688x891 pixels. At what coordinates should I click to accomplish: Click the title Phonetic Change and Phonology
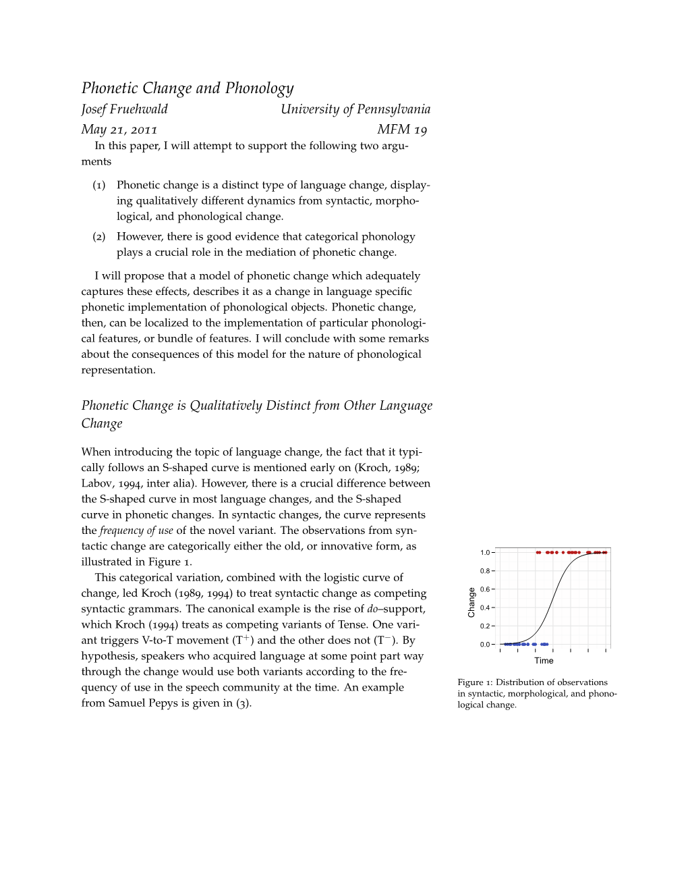(x=188, y=88)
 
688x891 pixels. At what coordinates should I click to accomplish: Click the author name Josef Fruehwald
(x=124, y=109)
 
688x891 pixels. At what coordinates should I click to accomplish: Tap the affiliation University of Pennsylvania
(x=355, y=109)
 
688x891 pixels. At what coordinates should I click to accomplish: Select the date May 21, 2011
(x=119, y=130)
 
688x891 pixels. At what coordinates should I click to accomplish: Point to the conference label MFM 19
(x=402, y=130)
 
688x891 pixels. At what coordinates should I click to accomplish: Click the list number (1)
(x=99, y=185)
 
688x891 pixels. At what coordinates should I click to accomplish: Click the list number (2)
(x=99, y=237)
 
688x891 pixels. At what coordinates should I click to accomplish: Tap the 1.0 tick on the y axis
(x=485, y=553)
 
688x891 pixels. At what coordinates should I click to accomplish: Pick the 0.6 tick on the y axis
(x=485, y=589)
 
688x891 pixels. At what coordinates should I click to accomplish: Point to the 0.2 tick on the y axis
(x=485, y=626)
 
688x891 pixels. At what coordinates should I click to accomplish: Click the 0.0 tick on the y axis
(x=485, y=645)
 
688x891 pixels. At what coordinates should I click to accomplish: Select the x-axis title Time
(x=544, y=661)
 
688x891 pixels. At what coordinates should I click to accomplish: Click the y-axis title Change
(x=471, y=602)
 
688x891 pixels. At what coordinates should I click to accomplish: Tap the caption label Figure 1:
(x=475, y=682)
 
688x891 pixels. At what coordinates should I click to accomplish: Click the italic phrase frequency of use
(x=136, y=531)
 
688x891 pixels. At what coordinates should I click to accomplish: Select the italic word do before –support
(x=372, y=609)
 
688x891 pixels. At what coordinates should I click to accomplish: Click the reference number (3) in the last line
(x=243, y=703)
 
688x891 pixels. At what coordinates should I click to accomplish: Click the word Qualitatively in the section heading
(x=225, y=406)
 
